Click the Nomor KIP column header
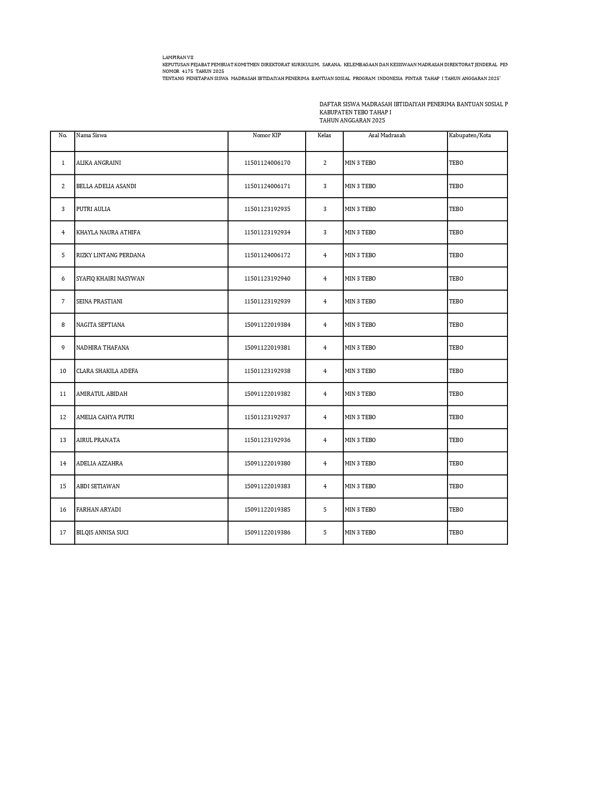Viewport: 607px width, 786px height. tap(267, 135)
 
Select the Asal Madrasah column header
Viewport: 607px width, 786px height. tap(387, 135)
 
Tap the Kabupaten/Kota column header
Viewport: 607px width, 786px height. tap(469, 135)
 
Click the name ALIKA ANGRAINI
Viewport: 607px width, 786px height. tap(99, 163)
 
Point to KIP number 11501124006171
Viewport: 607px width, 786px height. tap(267, 186)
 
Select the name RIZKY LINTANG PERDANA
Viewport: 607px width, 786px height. tap(110, 255)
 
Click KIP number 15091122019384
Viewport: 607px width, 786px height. tap(267, 325)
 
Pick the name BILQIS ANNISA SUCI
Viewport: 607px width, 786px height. tap(102, 533)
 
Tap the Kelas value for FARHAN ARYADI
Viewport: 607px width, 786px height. tap(325, 510)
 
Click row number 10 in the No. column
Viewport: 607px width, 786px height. tap(63, 371)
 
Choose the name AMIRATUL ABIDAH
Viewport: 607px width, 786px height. tap(101, 394)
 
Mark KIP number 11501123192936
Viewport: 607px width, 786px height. tap(267, 440)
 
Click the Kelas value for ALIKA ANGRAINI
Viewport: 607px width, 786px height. tap(325, 163)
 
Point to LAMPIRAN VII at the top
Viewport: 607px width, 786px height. tap(178, 57)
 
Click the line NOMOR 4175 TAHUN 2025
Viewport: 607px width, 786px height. tap(193, 71)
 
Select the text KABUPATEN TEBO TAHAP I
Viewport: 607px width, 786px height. tap(355, 112)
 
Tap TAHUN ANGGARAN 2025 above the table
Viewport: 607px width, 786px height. tap(352, 121)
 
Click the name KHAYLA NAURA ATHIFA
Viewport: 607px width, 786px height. tap(108, 232)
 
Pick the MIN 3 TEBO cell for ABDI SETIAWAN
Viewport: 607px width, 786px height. tap(360, 486)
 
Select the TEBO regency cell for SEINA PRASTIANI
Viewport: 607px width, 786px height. tap(456, 302)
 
